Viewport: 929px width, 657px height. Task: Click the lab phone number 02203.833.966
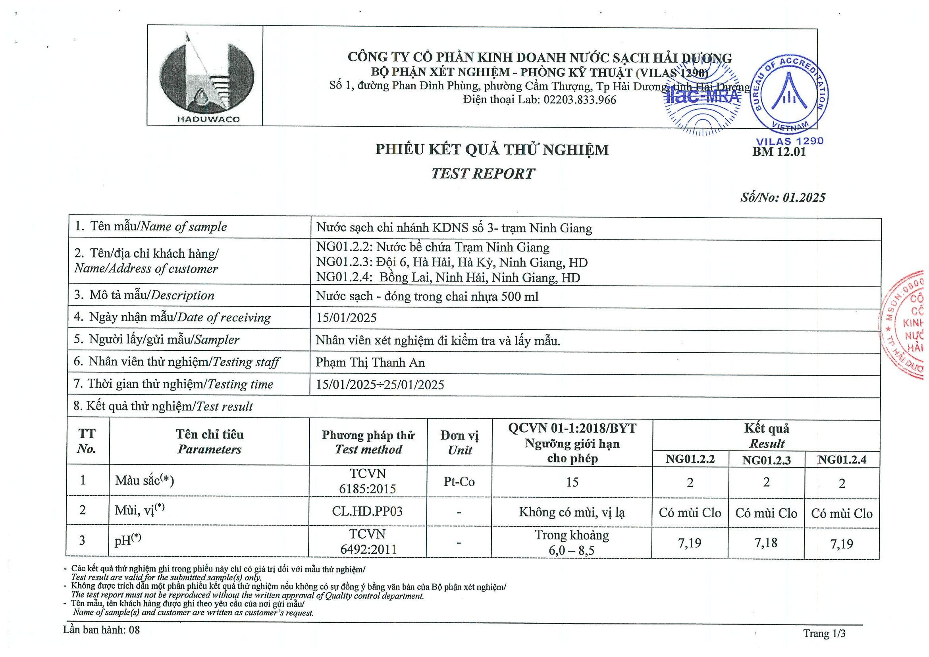579,100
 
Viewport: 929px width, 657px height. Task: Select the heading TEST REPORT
483,174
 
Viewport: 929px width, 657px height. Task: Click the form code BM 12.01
779,152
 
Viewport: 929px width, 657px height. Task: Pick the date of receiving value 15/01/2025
346,318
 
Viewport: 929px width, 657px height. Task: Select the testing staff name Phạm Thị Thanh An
370,362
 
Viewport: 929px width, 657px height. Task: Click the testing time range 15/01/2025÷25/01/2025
380,385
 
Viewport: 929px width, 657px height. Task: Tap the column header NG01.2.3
766,460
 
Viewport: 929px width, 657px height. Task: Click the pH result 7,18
766,543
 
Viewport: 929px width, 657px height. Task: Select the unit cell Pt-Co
459,482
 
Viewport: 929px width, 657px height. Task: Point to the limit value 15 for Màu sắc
572,482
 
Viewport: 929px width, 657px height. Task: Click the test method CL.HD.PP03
367,511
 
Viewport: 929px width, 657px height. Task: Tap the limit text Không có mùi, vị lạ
572,512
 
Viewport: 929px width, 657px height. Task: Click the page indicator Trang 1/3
824,634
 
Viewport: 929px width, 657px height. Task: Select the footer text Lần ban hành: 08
101,630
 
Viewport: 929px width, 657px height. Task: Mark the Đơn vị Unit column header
460,443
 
